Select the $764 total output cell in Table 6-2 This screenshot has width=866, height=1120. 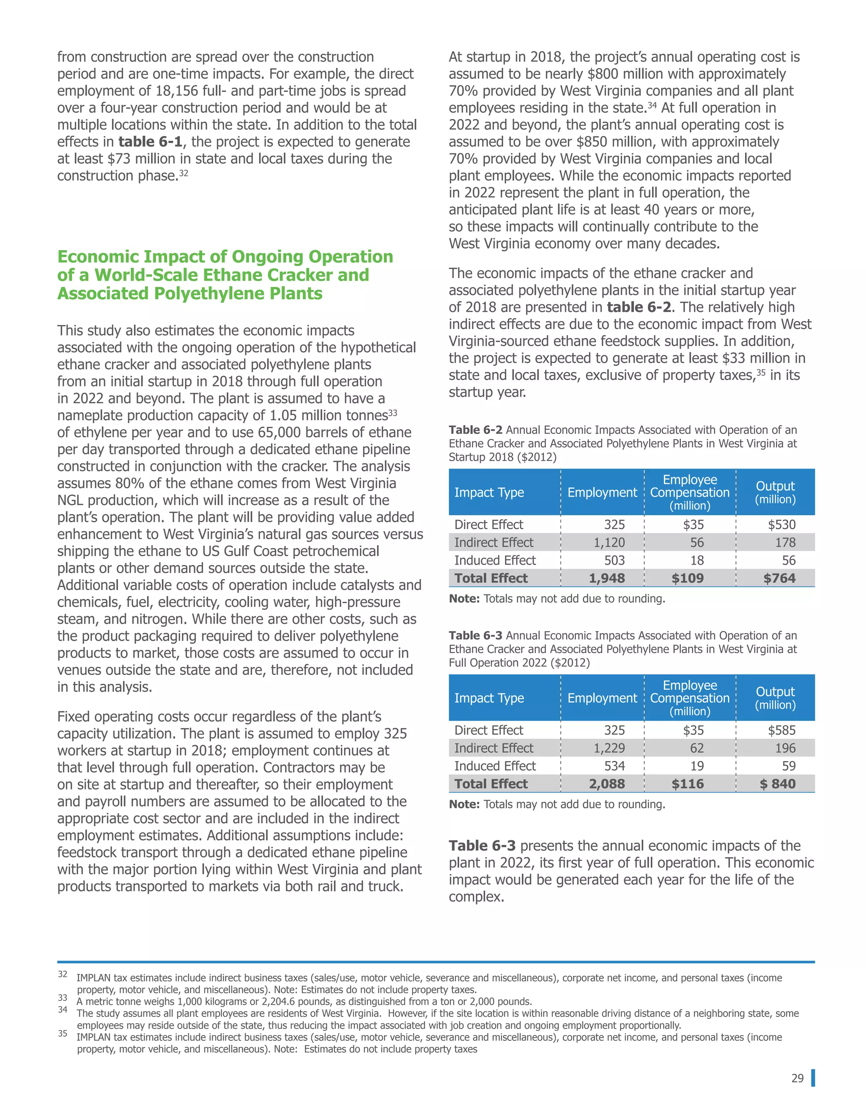click(x=779, y=578)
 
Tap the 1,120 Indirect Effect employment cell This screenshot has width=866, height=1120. click(x=609, y=542)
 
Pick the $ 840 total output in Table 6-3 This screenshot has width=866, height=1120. click(x=778, y=784)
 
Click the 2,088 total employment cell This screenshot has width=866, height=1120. click(x=606, y=784)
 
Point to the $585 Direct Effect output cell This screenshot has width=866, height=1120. click(x=781, y=730)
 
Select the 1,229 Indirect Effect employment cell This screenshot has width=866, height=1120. click(x=609, y=748)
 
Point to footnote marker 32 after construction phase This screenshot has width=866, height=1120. click(x=184, y=173)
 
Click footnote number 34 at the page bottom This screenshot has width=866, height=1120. click(x=63, y=1009)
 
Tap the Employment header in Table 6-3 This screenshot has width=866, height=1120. click(x=602, y=698)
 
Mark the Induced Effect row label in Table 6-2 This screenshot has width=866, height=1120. click(x=495, y=560)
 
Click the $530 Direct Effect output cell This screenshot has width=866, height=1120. click(x=781, y=524)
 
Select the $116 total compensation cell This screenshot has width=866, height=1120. click(x=688, y=784)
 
